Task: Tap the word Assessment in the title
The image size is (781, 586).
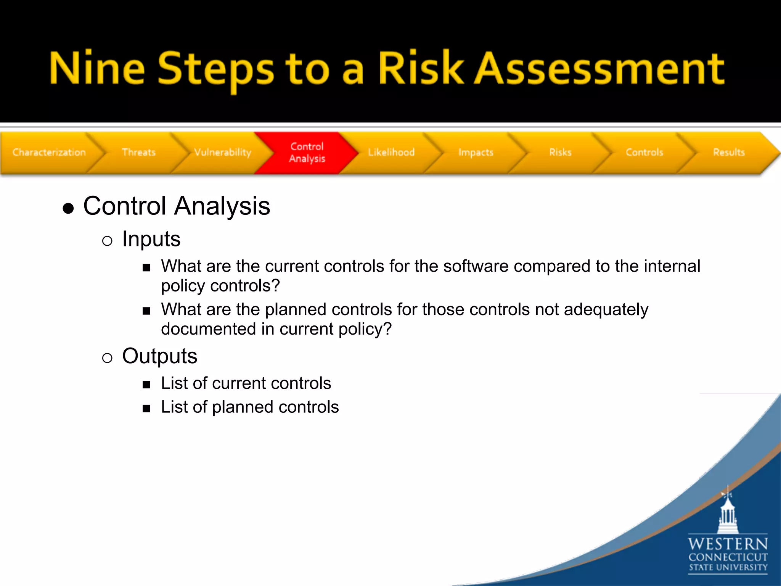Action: (599, 69)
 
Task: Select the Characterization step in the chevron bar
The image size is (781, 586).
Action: (49, 152)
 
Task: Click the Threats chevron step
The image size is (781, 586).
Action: (138, 152)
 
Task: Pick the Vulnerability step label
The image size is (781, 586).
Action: (223, 152)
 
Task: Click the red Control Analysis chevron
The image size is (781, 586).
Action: (307, 152)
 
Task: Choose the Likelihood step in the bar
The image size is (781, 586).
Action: (391, 152)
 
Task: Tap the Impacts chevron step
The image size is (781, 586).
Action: (476, 152)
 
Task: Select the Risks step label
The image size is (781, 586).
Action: (560, 152)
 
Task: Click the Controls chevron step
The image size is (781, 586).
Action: (644, 152)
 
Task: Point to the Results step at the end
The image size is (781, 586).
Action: (729, 152)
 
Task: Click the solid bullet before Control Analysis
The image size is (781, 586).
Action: (68, 208)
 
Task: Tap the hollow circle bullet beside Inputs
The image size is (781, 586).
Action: (107, 241)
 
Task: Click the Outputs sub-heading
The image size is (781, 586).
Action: (159, 356)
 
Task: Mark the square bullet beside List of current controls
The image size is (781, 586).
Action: (146, 385)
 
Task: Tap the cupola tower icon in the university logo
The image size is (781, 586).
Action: (728, 513)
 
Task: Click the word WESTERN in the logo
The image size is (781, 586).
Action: (728, 544)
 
